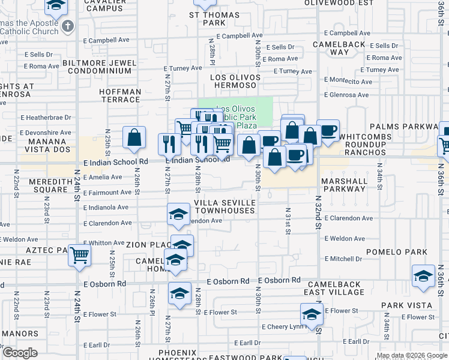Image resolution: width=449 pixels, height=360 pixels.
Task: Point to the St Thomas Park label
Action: (x=206, y=19)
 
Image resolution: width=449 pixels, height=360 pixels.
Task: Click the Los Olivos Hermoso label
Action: (x=235, y=82)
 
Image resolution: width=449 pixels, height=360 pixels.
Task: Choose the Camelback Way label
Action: (x=340, y=47)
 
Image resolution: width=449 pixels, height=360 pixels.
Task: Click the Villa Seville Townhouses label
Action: (x=225, y=207)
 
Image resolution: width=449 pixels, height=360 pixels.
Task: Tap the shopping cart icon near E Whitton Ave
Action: (x=79, y=255)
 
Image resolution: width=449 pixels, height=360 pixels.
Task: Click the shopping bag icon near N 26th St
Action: (x=134, y=137)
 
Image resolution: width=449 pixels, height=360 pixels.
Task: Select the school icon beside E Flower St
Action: (x=311, y=314)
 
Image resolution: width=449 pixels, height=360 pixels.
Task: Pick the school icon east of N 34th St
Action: (x=423, y=276)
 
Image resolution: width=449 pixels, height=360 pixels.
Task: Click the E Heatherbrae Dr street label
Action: (x=46, y=118)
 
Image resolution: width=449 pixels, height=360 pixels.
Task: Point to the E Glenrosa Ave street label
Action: (x=346, y=95)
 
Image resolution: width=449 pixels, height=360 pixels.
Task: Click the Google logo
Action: (x=19, y=353)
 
